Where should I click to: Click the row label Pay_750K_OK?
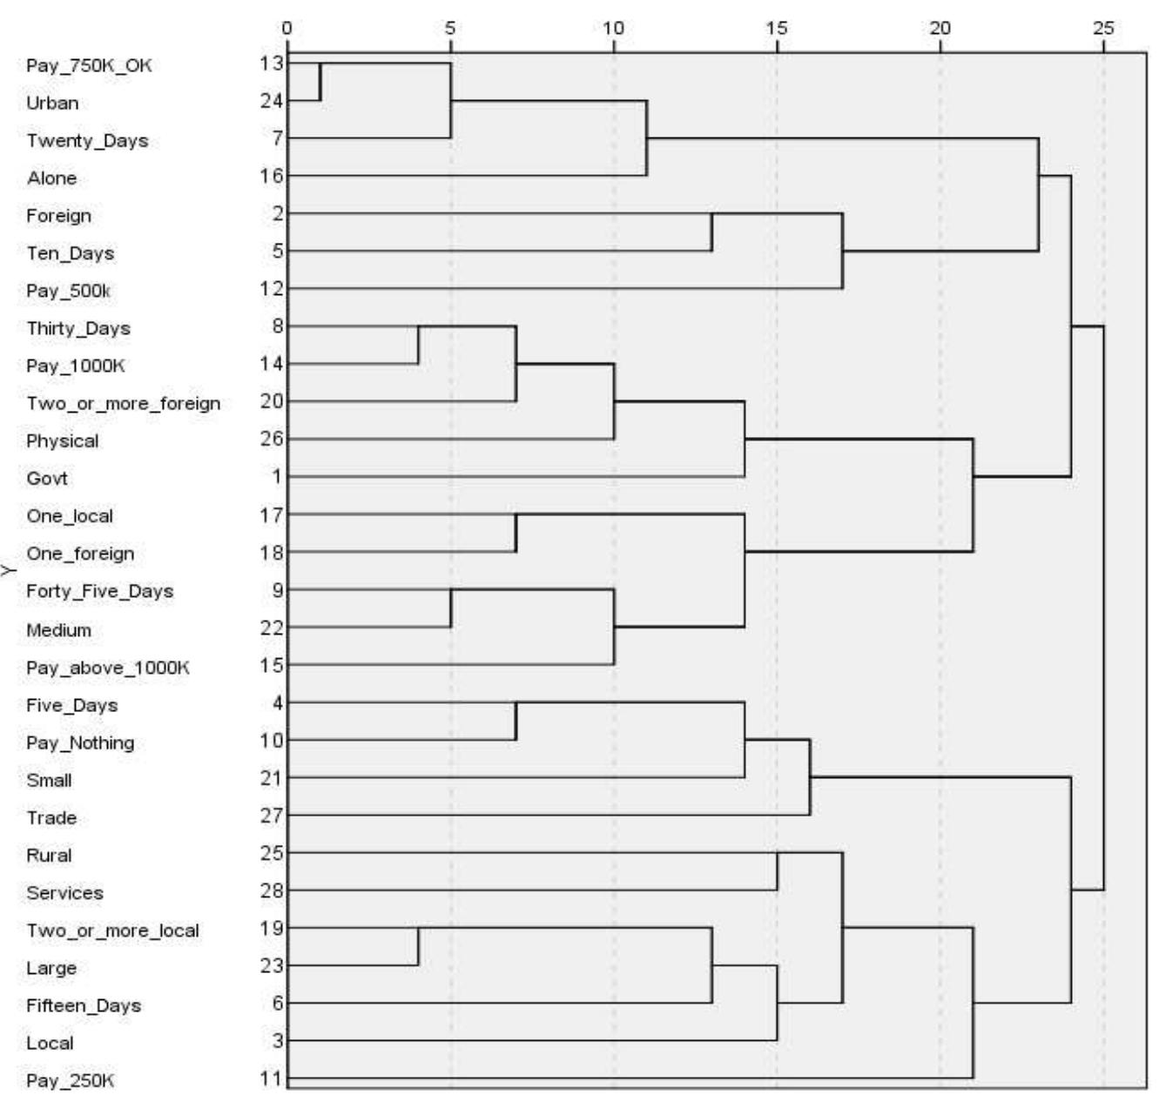point(89,65)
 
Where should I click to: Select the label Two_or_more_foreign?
point(123,403)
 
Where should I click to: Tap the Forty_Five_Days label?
point(99,591)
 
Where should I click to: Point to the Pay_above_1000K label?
point(108,668)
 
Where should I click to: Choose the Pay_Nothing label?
point(80,742)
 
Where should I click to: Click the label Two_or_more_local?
point(112,930)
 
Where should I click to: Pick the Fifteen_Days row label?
point(84,1005)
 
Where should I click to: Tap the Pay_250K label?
point(70,1081)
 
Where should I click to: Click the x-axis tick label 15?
point(777,28)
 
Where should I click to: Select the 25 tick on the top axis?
point(1103,28)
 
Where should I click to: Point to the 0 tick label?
point(287,28)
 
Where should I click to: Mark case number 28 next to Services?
point(273,890)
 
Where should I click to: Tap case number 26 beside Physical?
point(273,439)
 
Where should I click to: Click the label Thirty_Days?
point(78,328)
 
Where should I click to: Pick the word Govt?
point(47,478)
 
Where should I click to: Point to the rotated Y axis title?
point(9,571)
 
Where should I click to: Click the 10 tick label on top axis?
point(614,28)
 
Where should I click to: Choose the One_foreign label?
point(80,554)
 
